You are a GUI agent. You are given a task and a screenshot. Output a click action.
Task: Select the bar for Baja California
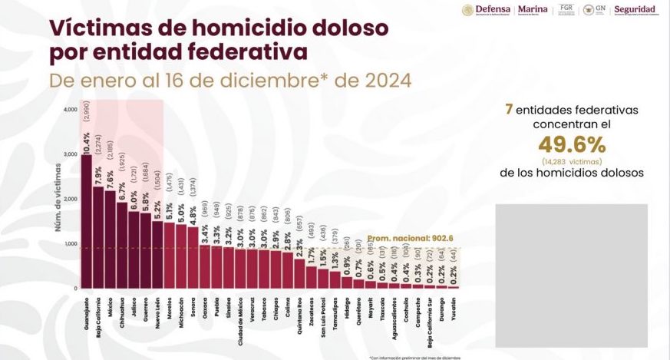coord(98,237)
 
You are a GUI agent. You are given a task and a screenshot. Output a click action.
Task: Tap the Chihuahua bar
coord(122,245)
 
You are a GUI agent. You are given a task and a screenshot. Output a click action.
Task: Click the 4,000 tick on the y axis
coord(71,110)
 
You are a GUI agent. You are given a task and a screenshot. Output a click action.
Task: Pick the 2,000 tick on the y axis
coord(71,199)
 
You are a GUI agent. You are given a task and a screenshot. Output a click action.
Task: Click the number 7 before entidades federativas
coord(509,110)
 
